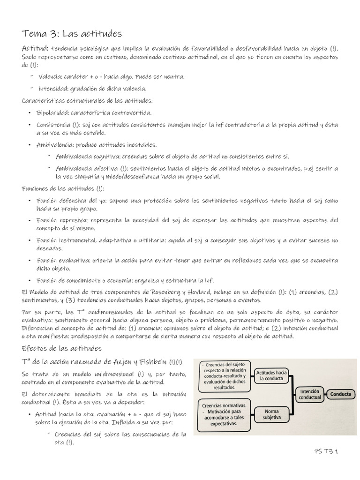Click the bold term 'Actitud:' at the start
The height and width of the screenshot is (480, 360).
click(35, 49)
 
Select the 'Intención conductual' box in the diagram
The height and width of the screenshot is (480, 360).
click(310, 394)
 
